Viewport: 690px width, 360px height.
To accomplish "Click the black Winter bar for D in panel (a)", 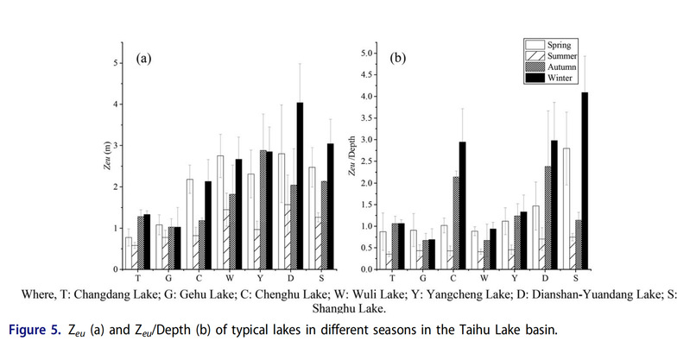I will pyautogui.click(x=300, y=186).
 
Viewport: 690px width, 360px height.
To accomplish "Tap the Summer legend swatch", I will pyautogui.click(x=535, y=54).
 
